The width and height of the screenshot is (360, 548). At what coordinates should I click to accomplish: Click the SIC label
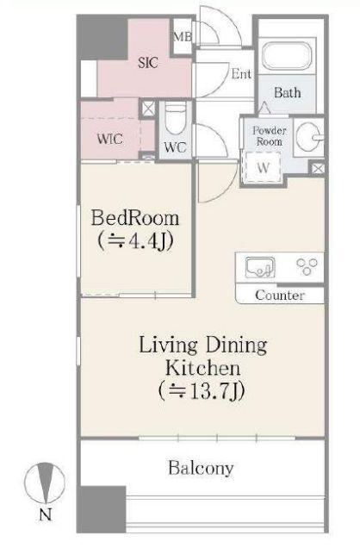pos(148,63)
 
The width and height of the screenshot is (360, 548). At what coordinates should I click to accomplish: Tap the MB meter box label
pos(183,36)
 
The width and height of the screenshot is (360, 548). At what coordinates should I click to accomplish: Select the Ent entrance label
pos(241,74)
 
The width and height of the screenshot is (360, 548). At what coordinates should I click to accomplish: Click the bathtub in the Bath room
pos(287,58)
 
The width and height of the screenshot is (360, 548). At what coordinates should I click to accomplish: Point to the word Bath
pos(287,92)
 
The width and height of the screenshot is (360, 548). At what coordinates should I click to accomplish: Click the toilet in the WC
pos(175,119)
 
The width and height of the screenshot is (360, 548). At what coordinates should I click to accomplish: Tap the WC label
pos(175,147)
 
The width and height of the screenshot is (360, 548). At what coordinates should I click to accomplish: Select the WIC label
pos(110,139)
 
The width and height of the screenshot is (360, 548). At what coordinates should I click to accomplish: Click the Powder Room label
pos(270,136)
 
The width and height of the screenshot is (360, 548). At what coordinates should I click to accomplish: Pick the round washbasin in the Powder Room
pos(308,136)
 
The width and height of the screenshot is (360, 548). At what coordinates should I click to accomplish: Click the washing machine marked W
pos(264,168)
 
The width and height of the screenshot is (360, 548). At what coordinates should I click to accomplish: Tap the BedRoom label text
pos(135,218)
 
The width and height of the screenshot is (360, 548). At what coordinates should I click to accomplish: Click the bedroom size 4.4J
pos(135,240)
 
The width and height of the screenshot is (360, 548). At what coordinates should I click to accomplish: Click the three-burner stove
pos(307,266)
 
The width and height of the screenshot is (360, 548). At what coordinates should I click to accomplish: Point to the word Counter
pos(279,296)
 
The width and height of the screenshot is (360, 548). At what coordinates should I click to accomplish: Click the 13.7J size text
pos(202,390)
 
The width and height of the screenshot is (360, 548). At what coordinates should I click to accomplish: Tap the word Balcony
pos(201,469)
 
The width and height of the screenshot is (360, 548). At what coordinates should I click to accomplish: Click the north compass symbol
pos(44,483)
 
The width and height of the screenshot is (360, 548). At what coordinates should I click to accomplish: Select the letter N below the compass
pos(45,514)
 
